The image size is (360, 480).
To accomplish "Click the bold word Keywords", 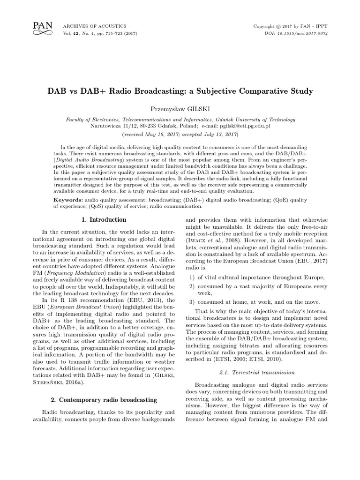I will click(68, 200).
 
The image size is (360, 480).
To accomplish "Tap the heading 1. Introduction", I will click(101, 220).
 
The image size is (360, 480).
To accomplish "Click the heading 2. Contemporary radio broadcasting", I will click(101, 399).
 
